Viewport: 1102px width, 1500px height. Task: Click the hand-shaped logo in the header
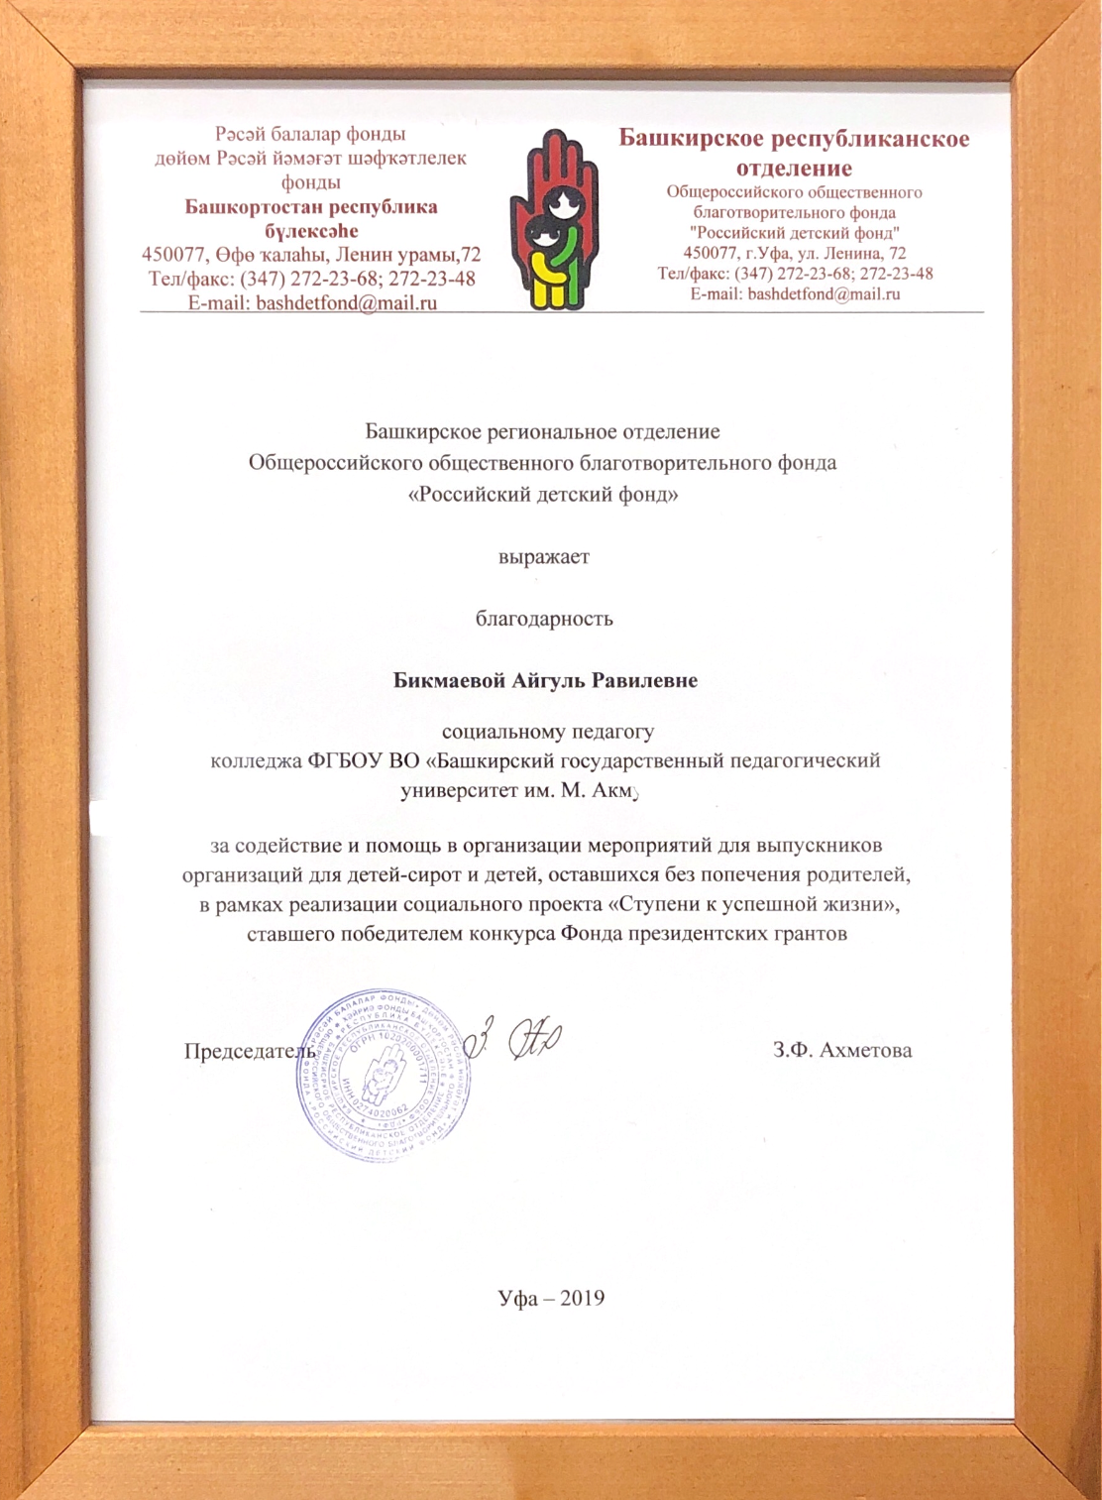point(554,219)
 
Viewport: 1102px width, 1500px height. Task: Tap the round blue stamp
point(384,1075)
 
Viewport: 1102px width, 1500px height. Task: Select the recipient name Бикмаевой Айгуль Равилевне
point(545,680)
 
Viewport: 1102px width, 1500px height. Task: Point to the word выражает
point(543,556)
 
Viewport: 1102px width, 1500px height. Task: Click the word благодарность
point(544,619)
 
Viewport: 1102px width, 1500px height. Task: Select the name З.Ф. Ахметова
point(842,1050)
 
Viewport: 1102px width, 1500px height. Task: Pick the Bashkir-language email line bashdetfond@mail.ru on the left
point(312,303)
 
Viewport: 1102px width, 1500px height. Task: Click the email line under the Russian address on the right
point(795,293)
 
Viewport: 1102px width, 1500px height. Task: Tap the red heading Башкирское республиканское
point(794,138)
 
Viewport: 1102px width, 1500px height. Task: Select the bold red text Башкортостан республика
point(311,207)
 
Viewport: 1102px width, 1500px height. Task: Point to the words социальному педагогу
point(547,733)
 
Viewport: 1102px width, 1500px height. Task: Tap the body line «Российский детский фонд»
point(543,494)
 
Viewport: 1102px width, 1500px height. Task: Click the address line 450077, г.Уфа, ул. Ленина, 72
point(794,253)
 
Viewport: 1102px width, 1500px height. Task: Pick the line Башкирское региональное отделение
point(542,431)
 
